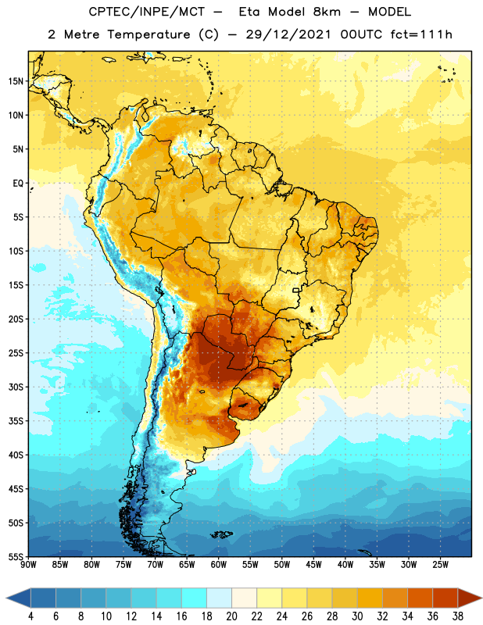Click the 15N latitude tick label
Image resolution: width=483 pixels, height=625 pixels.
16,81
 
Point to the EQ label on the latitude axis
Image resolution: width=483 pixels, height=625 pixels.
18,184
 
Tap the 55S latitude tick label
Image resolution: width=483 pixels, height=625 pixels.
16,556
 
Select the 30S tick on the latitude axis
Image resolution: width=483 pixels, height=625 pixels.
16,387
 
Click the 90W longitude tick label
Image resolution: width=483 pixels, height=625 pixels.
28,565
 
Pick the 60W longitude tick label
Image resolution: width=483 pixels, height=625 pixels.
219,565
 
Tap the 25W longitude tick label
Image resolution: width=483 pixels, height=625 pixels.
440,565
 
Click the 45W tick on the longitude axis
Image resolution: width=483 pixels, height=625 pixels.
313,565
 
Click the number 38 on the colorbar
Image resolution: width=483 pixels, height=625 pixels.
457,616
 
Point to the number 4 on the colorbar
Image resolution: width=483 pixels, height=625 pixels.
30,616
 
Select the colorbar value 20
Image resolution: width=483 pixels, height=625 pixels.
231,616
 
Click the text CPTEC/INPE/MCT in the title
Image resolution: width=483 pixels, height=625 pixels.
147,12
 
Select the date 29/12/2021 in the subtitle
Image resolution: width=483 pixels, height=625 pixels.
288,34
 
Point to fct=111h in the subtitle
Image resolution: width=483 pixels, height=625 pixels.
421,34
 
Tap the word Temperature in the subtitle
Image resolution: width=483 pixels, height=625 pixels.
148,34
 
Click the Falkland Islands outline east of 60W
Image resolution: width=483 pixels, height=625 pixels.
222,534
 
